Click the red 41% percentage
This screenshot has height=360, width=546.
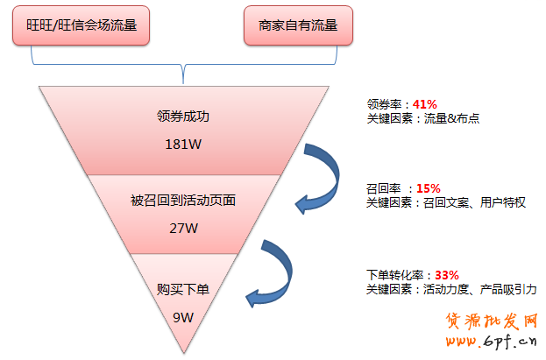[x=424, y=103]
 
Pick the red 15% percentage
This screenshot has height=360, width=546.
[x=429, y=188]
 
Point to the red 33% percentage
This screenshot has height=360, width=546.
[x=446, y=274]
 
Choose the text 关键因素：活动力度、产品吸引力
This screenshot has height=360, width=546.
[x=451, y=289]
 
